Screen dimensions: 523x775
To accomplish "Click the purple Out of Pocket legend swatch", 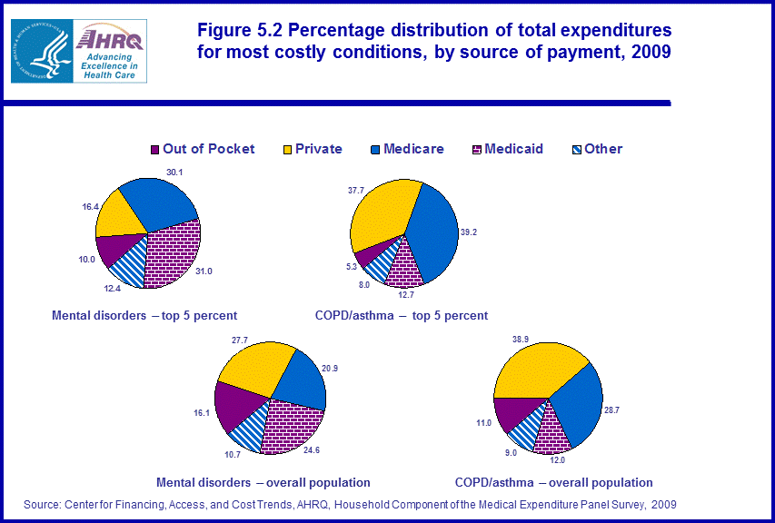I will click(154, 149).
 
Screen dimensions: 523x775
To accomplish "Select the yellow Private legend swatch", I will click(287, 149).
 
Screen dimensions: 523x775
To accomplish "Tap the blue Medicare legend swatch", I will click(375, 149).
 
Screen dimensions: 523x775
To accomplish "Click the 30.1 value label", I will click(175, 173).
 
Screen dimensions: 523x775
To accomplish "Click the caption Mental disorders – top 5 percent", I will click(144, 316).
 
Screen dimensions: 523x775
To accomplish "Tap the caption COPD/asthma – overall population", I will click(553, 482).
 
